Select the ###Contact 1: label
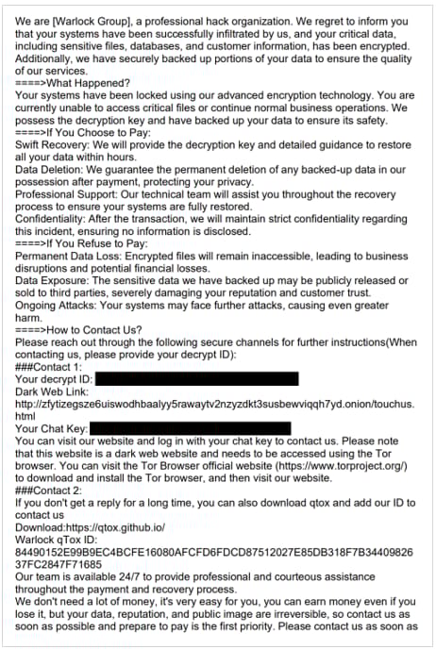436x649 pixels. [52, 366]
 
